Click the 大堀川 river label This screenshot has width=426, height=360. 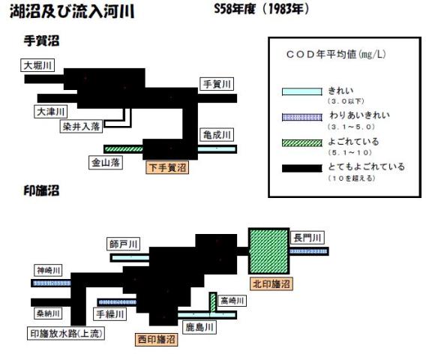37,65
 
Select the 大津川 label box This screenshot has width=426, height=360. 50,112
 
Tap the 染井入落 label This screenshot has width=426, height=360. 81,126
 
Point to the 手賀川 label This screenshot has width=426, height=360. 217,84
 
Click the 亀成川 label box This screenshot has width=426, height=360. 217,134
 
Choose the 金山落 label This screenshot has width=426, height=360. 106,163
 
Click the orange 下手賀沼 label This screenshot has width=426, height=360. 167,167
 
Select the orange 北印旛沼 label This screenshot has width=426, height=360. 271,283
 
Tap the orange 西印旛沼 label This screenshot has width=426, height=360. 157,339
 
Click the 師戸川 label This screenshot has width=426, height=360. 123,244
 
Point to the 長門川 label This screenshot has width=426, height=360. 307,238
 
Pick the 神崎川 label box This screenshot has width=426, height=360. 48,270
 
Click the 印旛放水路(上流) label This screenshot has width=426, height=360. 66,333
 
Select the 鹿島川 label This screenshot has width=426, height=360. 199,327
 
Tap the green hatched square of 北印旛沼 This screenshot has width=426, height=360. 268,251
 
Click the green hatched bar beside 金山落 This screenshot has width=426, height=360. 124,149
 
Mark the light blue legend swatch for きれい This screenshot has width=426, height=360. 301,91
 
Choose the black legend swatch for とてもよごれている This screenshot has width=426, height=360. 301,168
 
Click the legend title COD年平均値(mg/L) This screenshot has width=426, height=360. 336,54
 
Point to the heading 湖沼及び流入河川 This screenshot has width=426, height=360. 72,11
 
